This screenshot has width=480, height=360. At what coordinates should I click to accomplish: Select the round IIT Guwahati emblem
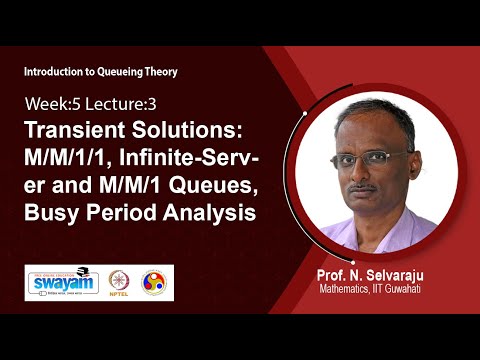click(x=155, y=282)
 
